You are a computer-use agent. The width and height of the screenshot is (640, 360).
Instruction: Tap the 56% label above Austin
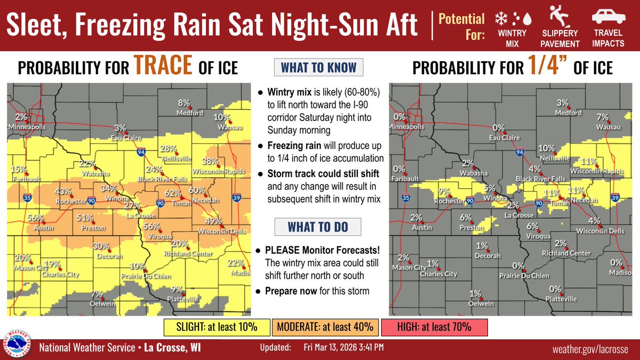[x=36, y=218]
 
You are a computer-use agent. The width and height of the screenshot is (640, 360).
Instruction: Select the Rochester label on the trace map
[x=71, y=201]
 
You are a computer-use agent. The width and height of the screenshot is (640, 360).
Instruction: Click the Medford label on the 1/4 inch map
[x=568, y=113]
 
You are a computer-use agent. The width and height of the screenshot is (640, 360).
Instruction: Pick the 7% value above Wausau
[x=603, y=117]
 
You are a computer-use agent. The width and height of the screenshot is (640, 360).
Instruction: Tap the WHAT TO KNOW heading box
[x=318, y=68]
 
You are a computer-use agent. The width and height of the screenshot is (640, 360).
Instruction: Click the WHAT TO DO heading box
[x=317, y=227]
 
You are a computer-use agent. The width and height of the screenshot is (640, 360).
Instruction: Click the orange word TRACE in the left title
[x=162, y=67]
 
